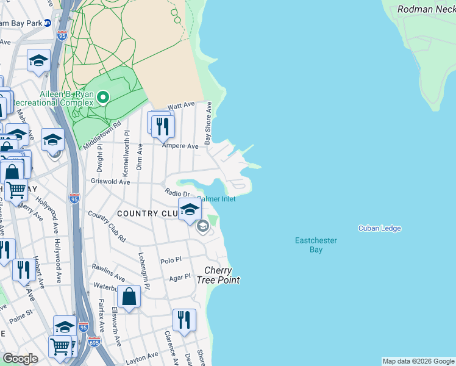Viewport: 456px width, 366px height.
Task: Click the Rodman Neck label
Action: point(426,9)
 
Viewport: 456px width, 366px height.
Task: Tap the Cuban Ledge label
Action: point(379,228)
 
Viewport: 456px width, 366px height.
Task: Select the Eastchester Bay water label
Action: point(316,245)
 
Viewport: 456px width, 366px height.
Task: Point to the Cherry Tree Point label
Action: point(218,275)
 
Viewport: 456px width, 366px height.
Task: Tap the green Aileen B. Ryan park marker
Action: point(103,97)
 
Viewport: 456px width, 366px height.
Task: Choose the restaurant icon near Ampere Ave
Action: point(162,126)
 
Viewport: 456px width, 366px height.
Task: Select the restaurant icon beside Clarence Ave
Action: point(183,320)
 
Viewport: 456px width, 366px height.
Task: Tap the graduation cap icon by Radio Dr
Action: point(190,210)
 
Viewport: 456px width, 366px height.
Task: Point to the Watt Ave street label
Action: point(181,107)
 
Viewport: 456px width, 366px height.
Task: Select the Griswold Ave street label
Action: point(110,182)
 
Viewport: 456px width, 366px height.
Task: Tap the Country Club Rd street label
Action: point(107,226)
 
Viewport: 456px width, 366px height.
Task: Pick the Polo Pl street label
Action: point(171,259)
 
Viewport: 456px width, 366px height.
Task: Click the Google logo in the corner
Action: point(21,359)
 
